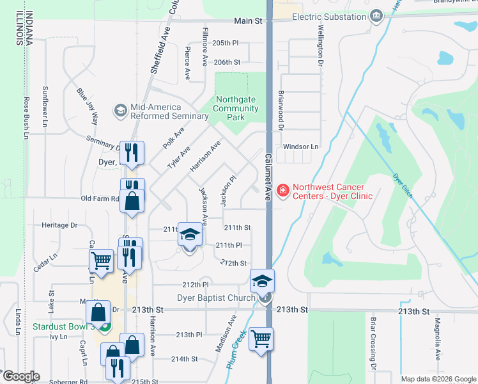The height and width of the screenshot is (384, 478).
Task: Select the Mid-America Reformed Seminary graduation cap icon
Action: pyautogui.click(x=120, y=111)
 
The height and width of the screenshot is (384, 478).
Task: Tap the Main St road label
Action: pyautogui.click(x=249, y=21)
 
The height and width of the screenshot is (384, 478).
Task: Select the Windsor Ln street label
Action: pyautogui.click(x=300, y=147)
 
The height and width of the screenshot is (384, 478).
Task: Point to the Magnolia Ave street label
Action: pyautogui.click(x=438, y=339)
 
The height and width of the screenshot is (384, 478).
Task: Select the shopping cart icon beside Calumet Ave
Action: pyautogui.click(x=261, y=339)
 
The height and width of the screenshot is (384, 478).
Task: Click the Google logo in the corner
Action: pyautogui.click(x=20, y=376)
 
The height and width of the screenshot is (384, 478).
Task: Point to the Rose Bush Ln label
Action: pyautogui.click(x=27, y=116)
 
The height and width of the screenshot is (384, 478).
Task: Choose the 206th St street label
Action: pyautogui.click(x=227, y=63)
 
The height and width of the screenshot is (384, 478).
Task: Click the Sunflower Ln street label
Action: pyautogui.click(x=45, y=105)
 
